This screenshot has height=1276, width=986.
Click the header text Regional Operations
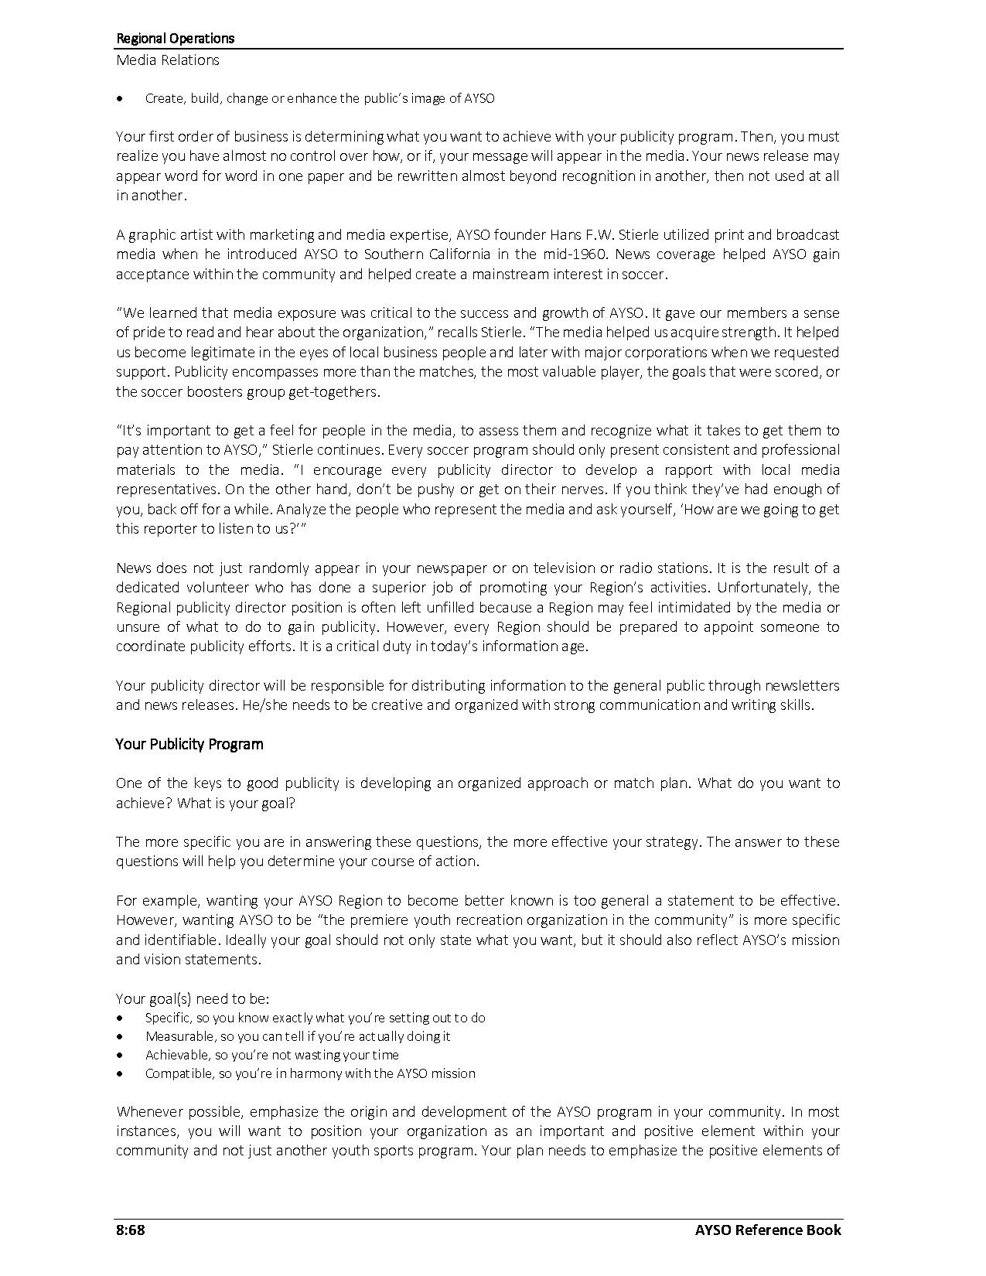pos(175,38)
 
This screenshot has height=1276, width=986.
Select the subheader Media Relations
pos(167,60)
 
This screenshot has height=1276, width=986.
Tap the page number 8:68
pos(131,1230)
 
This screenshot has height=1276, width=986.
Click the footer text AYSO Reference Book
pos(756,1230)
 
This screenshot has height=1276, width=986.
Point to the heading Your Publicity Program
pos(189,744)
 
